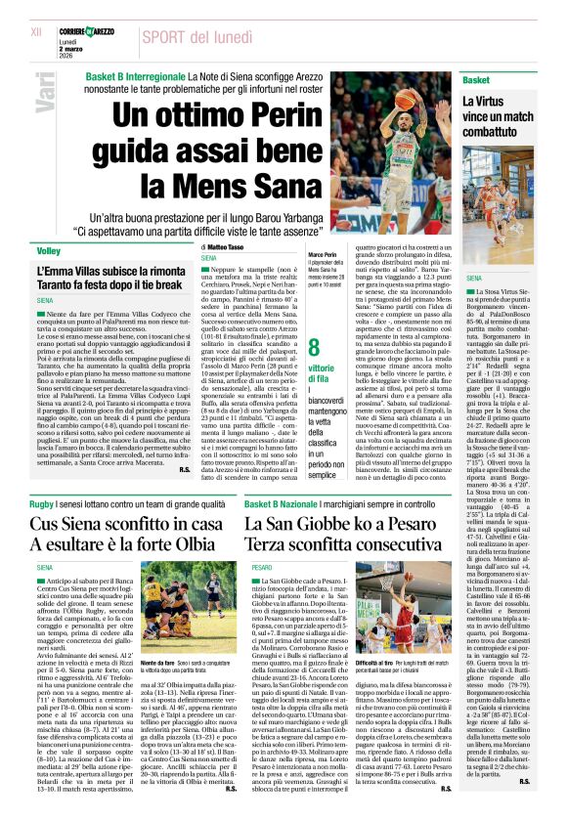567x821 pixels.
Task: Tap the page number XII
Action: [x=37, y=31]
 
